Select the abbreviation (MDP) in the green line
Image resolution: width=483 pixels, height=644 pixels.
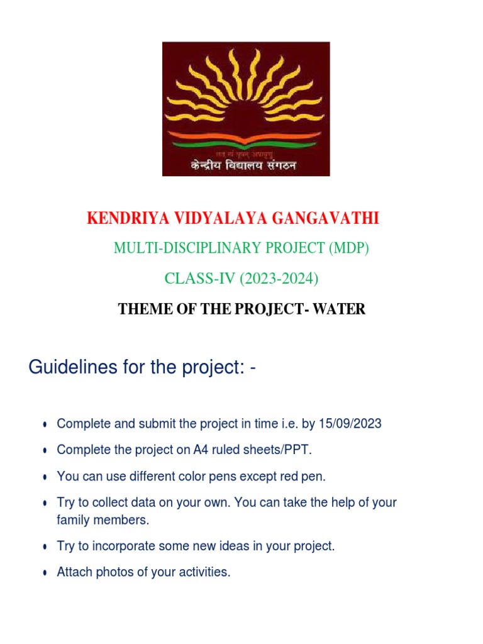[x=349, y=248]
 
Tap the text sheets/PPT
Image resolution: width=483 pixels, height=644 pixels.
[x=280, y=450]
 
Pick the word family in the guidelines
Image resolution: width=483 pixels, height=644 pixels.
[x=74, y=521]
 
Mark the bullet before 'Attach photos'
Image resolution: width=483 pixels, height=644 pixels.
[x=45, y=574]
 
